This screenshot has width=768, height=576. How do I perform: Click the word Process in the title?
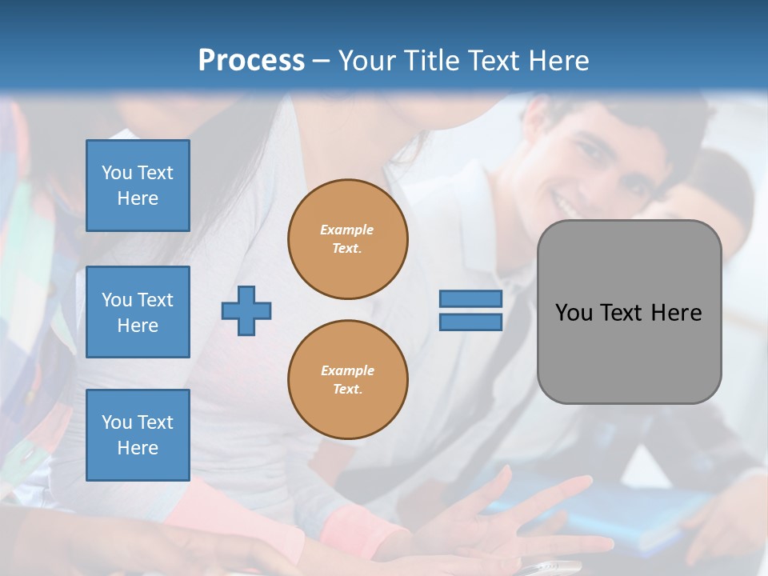[251, 61]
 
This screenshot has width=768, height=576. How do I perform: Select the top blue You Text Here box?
[138, 186]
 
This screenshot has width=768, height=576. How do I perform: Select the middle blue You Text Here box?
[138, 312]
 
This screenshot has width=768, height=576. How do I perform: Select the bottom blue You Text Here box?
[138, 435]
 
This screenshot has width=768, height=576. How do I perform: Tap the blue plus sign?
[246, 310]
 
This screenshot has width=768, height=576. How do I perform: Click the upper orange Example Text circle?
[348, 239]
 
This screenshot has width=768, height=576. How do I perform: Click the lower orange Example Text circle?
[348, 380]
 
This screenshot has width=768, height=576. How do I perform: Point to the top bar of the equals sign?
[470, 298]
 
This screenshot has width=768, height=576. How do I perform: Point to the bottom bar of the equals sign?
[470, 322]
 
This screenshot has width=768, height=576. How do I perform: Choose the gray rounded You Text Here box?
[629, 312]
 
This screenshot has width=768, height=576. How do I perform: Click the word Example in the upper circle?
[347, 230]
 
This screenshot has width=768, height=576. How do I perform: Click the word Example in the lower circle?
[347, 370]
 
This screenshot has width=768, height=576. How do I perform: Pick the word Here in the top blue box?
[138, 198]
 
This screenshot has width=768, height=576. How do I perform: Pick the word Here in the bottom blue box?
[138, 448]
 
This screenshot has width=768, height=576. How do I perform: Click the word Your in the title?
[369, 61]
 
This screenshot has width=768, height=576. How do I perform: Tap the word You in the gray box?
[574, 313]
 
